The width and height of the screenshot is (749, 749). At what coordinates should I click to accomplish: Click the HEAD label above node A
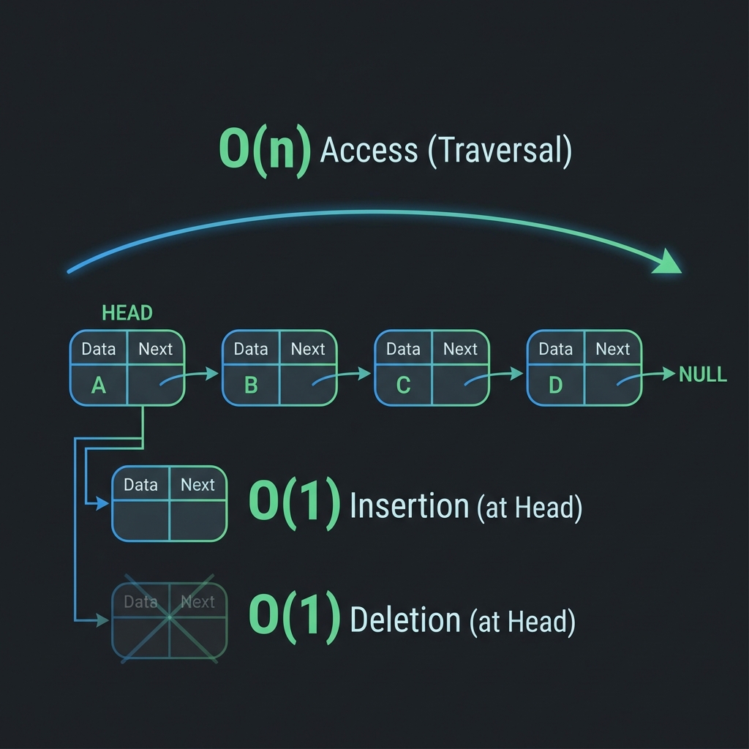[127, 313]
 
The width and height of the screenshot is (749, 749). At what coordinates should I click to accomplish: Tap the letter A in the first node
[98, 385]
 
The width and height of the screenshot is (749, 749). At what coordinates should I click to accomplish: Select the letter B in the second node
[251, 385]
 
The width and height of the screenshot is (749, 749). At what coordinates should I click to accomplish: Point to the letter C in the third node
[403, 385]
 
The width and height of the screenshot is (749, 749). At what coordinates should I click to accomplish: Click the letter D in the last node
[555, 385]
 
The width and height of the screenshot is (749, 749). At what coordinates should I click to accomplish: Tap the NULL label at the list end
[702, 374]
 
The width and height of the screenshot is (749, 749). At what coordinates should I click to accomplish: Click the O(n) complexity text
[264, 151]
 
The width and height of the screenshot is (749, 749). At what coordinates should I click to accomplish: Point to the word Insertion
[409, 505]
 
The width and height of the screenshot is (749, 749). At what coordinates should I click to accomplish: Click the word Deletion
[404, 620]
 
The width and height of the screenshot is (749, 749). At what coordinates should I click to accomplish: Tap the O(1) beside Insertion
[294, 504]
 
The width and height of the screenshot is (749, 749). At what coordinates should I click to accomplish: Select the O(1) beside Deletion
[294, 620]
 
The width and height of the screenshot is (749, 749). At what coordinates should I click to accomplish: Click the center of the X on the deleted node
[169, 618]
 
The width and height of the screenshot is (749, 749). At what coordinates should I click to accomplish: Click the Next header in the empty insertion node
[197, 485]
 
